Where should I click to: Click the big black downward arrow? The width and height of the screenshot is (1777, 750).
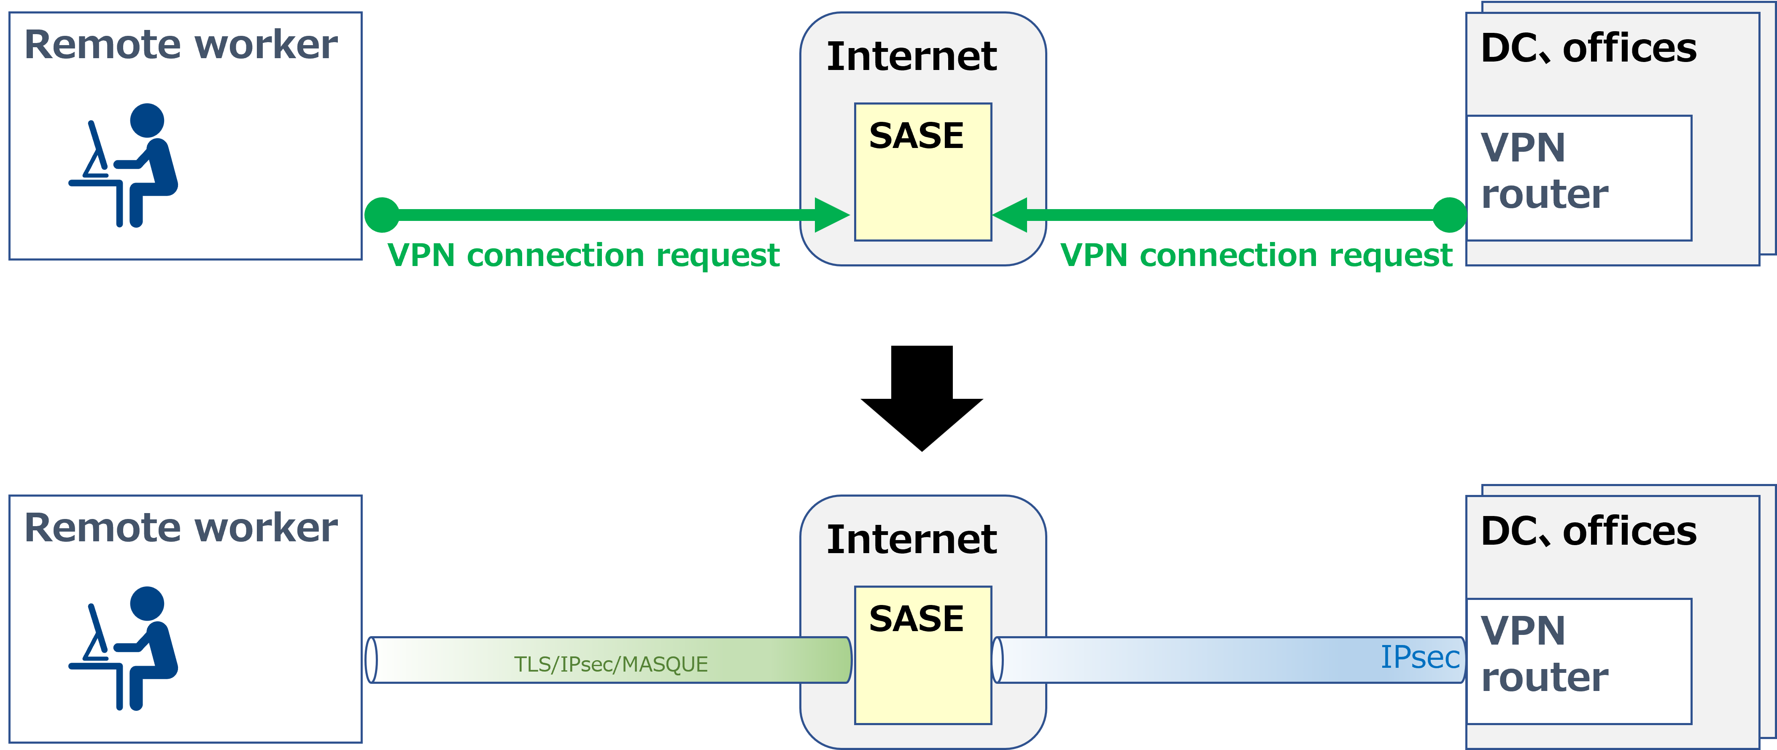(x=922, y=396)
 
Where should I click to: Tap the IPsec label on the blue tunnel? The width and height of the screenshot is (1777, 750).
(x=1420, y=657)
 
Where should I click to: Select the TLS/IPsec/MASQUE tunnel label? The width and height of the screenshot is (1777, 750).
(x=610, y=664)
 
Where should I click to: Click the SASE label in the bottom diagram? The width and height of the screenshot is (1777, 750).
(x=916, y=618)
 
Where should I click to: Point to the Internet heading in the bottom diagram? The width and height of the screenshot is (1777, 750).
(x=911, y=539)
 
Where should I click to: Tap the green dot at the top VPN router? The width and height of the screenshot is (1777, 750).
(x=1449, y=215)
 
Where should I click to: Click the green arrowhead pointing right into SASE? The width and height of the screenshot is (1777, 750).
(x=831, y=215)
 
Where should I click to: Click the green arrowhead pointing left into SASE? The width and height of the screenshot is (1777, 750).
(x=1010, y=215)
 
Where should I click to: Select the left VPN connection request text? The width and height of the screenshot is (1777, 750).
(x=584, y=256)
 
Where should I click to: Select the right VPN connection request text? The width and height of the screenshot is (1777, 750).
(x=1256, y=256)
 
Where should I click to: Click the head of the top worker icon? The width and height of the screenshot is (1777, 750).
(x=147, y=121)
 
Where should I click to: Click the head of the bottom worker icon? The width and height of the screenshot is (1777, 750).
(x=147, y=604)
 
